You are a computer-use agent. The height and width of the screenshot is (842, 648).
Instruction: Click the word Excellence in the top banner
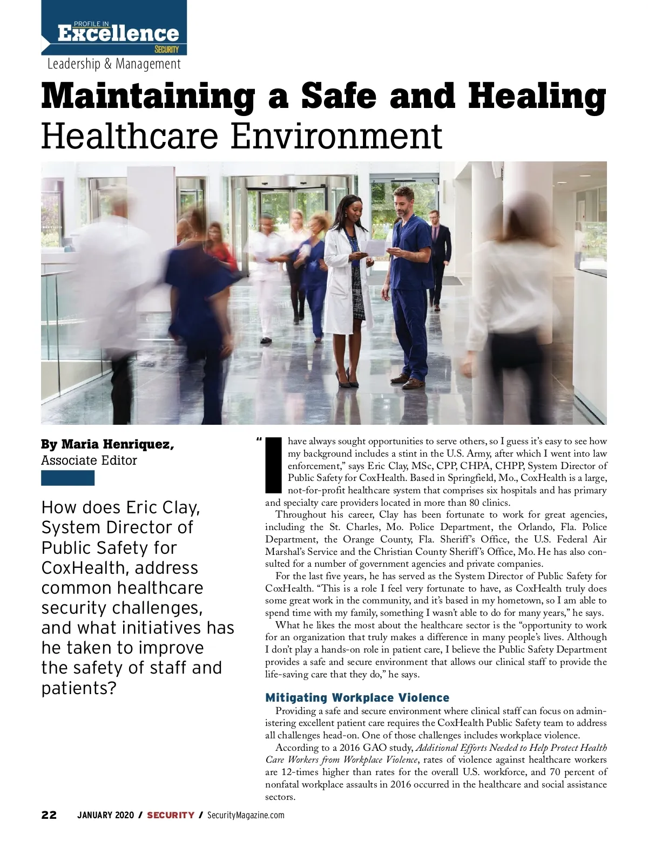118,33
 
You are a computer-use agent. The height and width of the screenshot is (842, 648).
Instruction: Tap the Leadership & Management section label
114,64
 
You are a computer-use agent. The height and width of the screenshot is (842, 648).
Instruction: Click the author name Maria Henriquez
117,445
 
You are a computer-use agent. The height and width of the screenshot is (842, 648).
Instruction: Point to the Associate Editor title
89,460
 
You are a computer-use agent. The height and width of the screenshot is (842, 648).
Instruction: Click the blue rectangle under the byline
67,478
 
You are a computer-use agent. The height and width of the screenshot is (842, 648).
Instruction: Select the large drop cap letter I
274,466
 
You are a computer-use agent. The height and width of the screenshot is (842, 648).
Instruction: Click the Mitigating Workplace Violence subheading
357,698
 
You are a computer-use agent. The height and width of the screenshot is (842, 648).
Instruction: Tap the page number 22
49,815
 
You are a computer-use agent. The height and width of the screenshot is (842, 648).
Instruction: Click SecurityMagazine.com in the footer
246,815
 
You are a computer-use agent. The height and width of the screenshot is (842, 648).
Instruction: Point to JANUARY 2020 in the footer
105,815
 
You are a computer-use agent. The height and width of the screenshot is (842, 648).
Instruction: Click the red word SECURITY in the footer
171,815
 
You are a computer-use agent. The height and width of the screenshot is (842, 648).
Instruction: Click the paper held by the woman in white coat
374,247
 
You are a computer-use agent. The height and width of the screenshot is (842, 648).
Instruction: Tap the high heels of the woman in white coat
346,378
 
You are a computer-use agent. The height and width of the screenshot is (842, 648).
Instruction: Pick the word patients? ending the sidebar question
79,688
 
